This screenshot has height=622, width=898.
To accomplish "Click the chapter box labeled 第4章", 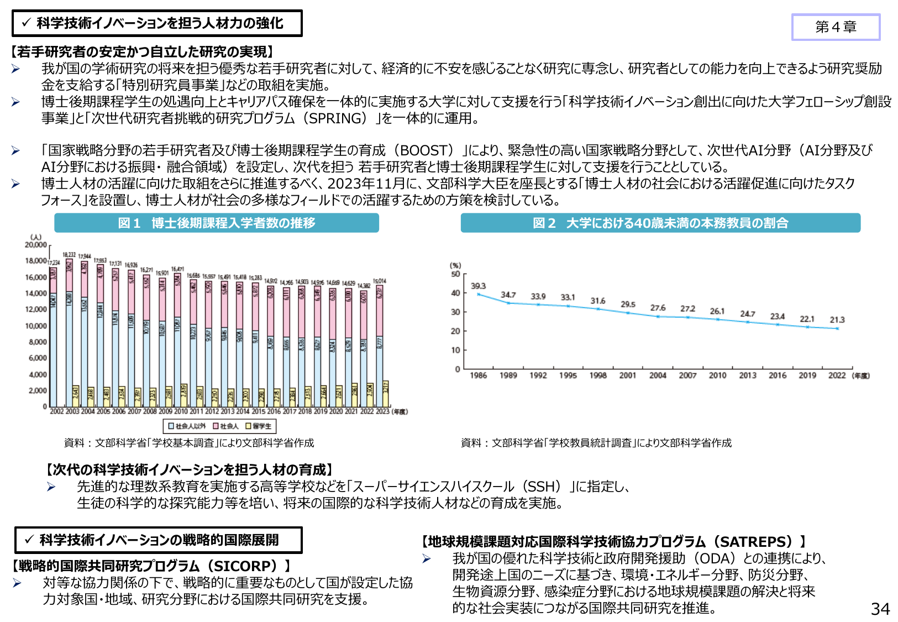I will tap(835, 27).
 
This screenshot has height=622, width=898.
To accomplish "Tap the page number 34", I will tap(880, 609).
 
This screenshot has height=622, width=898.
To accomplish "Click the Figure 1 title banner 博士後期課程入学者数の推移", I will tap(216, 223).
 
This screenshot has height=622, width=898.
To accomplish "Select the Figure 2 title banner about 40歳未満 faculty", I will tap(660, 223).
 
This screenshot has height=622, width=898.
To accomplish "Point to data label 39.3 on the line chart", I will tap(478, 286).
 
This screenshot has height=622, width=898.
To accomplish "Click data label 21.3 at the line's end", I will tap(837, 320).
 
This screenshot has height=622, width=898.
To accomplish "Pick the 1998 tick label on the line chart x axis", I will tap(597, 375).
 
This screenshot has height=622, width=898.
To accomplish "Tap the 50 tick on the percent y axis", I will tap(455, 274).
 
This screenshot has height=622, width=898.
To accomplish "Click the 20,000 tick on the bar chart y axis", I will tap(36, 244).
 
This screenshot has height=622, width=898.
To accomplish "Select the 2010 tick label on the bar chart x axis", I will tap(181, 411).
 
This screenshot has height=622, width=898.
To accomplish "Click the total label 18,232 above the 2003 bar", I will tap(69, 255).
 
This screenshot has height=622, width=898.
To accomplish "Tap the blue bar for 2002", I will tap(54, 354).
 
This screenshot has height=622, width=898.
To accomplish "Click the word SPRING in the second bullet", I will tap(337, 118).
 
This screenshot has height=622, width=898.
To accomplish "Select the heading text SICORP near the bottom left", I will tap(245, 566).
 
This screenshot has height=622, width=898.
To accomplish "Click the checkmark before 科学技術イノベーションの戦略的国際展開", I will tap(29, 540).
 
